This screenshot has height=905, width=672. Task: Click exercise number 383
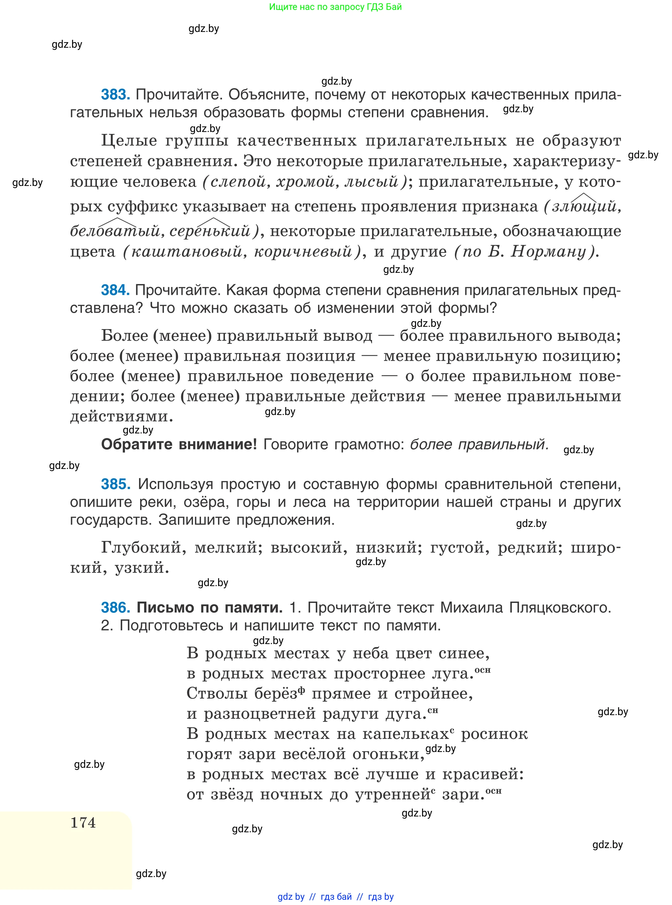click(x=115, y=95)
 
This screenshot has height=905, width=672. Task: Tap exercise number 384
click(x=115, y=290)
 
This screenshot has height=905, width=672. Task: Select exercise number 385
click(x=115, y=484)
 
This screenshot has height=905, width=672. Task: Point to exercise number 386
click(x=115, y=608)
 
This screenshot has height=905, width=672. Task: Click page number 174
click(x=84, y=822)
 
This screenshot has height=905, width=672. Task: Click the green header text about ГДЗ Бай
click(x=335, y=7)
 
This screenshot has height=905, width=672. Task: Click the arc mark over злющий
click(x=584, y=198)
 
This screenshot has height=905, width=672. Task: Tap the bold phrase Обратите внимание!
click(x=179, y=444)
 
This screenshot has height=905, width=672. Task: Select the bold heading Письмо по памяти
click(x=210, y=608)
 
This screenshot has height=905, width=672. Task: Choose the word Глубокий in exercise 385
click(x=143, y=548)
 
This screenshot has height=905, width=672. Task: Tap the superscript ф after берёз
click(x=301, y=689)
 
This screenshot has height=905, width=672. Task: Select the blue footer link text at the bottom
click(x=336, y=897)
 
